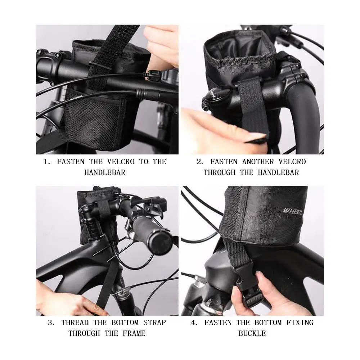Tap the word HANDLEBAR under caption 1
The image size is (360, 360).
coord(105,172)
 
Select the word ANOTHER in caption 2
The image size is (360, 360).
coord(258,162)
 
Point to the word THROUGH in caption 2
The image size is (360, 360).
coord(220,172)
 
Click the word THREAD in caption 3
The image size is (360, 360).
coord(75,323)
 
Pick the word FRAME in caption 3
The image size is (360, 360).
coord(134,333)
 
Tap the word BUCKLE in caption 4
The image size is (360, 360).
coord(252,333)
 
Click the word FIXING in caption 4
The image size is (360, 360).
coord(300,323)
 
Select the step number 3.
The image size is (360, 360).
coord(51,323)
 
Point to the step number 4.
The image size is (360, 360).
coord(194,323)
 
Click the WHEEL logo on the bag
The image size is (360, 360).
coord(293,211)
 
